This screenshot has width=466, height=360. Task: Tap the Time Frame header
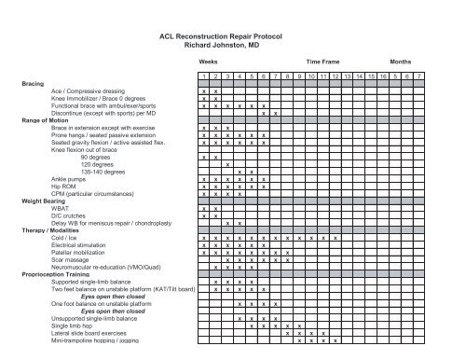313,58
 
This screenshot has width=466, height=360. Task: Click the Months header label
405,58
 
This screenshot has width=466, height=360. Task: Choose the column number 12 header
337,76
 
